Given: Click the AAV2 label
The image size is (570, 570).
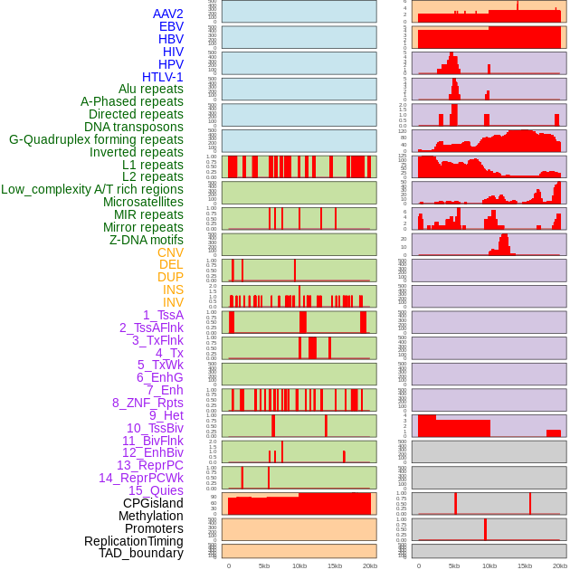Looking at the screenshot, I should (167, 14).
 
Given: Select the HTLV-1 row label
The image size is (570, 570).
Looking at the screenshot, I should (162, 77).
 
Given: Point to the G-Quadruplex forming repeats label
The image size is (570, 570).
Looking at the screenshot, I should (96, 139).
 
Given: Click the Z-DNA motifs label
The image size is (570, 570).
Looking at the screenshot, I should (146, 240).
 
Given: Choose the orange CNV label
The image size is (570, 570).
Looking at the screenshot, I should (170, 252).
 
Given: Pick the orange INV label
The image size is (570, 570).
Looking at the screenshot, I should (172, 302).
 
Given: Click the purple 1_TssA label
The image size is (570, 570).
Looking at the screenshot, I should (163, 315).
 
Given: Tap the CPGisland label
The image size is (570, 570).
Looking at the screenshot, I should (153, 503).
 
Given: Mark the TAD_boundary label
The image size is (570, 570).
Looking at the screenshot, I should (140, 553).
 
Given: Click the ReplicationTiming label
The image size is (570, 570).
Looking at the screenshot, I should (133, 541).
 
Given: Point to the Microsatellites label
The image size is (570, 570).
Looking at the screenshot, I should (143, 202).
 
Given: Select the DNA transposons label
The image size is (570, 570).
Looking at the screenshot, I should (134, 127).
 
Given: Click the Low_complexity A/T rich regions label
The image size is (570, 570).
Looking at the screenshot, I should (91, 189).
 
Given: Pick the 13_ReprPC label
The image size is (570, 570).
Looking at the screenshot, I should (149, 465).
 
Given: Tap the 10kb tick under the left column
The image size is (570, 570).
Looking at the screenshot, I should (299, 565).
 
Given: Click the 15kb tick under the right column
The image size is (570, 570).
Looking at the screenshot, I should (525, 565).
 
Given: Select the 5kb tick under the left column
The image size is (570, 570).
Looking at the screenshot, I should (264, 565).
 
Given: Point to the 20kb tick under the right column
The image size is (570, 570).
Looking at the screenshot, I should (560, 565).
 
